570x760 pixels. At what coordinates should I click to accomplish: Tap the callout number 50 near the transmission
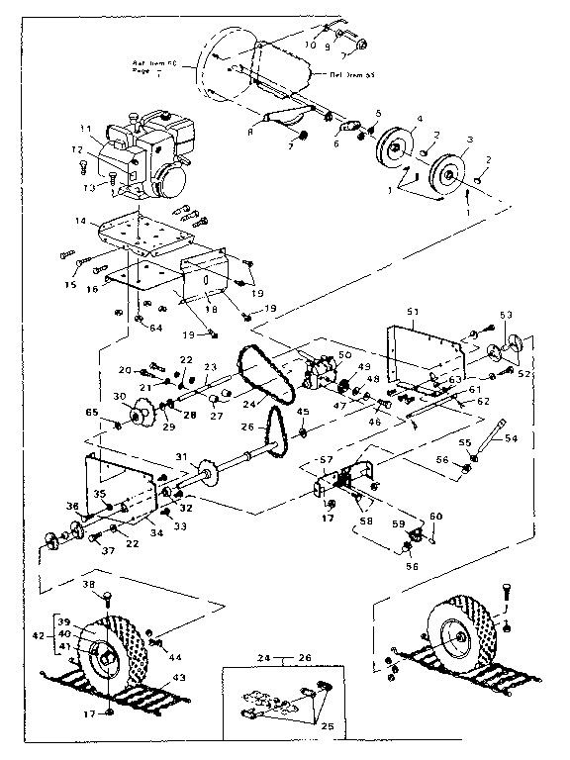pos(345,353)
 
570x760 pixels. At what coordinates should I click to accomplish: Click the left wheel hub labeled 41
pos(102,653)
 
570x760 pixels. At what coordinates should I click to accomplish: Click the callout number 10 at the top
pos(312,43)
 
